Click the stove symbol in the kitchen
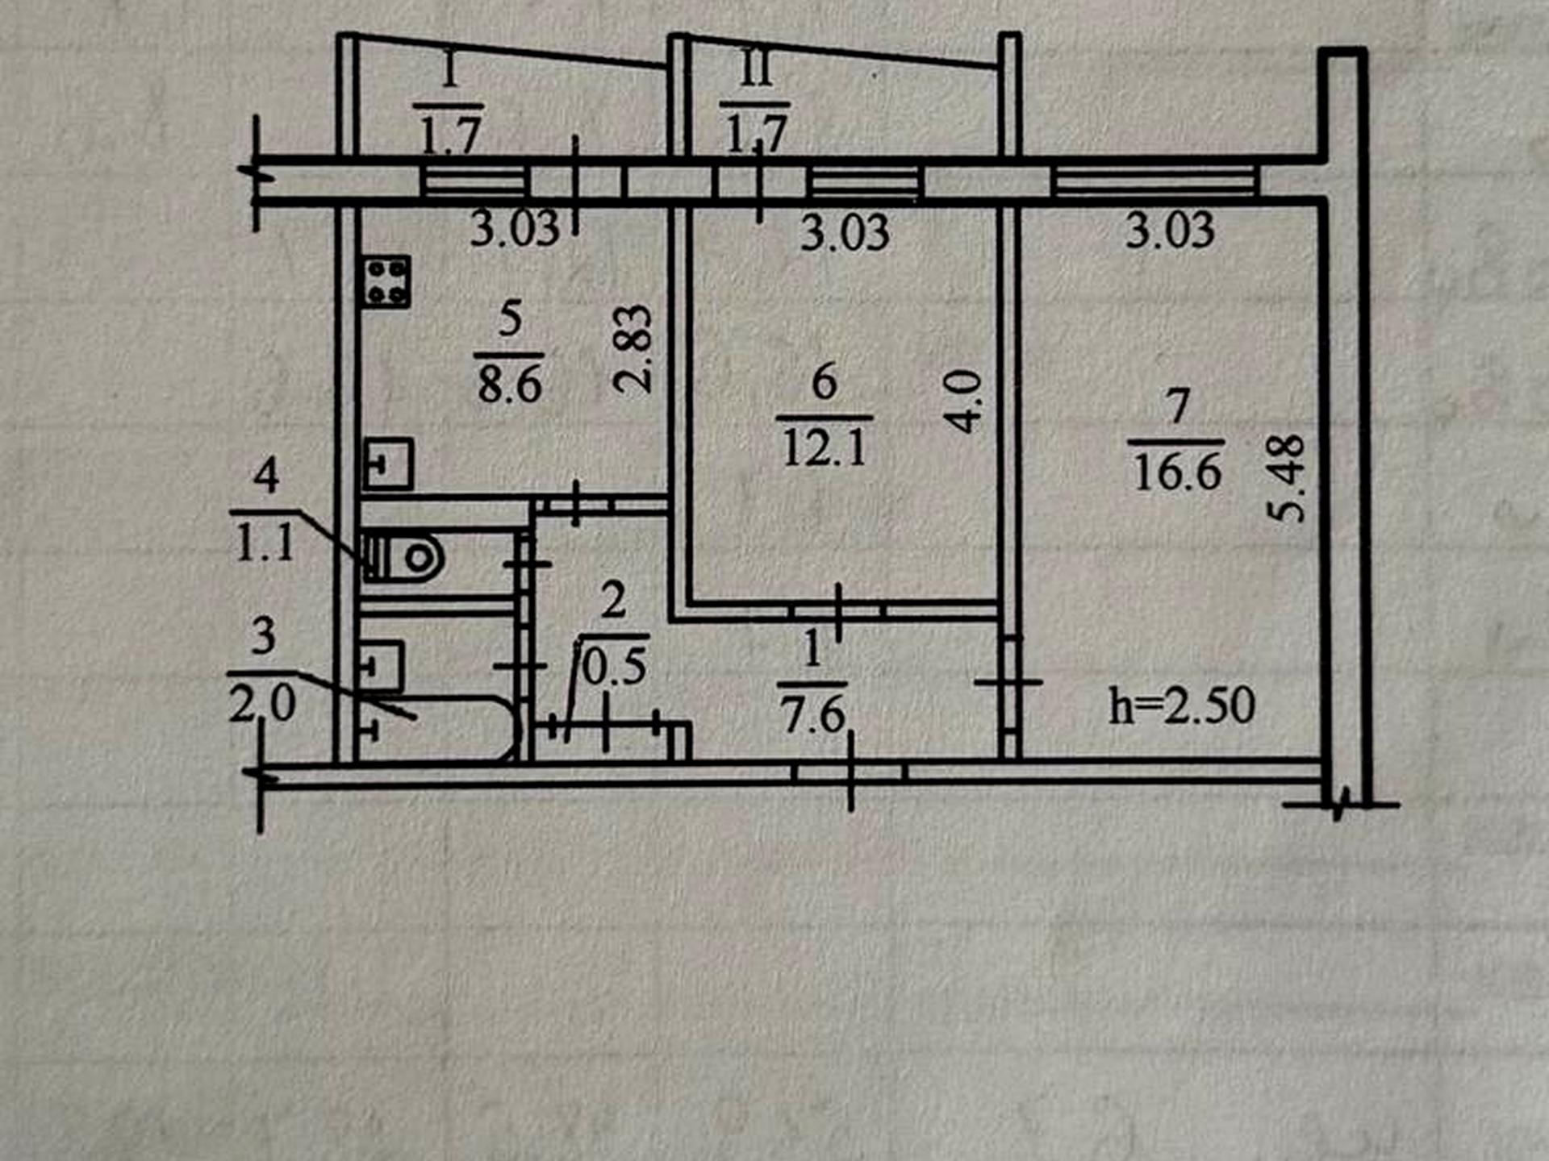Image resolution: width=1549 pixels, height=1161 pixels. pos(386,281)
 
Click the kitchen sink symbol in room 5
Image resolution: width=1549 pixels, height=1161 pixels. pos(388,464)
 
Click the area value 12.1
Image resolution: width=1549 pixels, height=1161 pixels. pos(825,447)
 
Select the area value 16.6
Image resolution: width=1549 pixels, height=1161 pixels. pos(1177,472)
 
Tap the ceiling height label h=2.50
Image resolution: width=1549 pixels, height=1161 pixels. pos(1182,705)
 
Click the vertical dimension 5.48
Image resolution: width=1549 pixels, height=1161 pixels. pos(1286,478)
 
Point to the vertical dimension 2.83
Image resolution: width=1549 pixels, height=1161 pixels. pos(633,348)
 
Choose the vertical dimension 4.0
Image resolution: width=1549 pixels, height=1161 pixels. pos(964,402)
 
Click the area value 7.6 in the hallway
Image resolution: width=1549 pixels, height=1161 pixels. pos(812,714)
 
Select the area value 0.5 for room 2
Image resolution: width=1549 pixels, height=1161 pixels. pos(614,667)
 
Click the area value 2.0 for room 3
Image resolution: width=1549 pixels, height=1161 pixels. pos(262,703)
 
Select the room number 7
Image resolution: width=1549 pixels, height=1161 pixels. pos(1178,406)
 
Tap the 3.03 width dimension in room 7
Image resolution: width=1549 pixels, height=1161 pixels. pos(1170,230)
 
